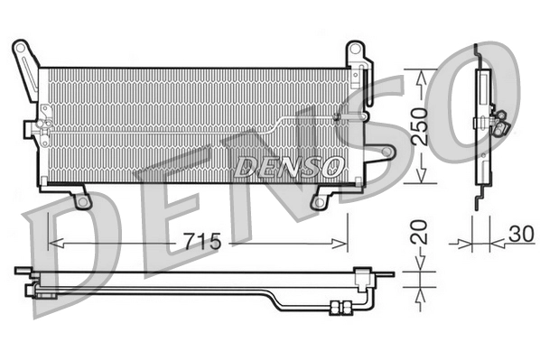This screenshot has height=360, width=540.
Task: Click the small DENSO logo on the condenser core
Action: [x=289, y=166]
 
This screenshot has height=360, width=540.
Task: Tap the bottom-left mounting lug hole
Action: [x=83, y=201]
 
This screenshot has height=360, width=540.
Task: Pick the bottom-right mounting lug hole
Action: [x=317, y=201]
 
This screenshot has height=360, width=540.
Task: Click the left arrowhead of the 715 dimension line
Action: [x=52, y=242]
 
